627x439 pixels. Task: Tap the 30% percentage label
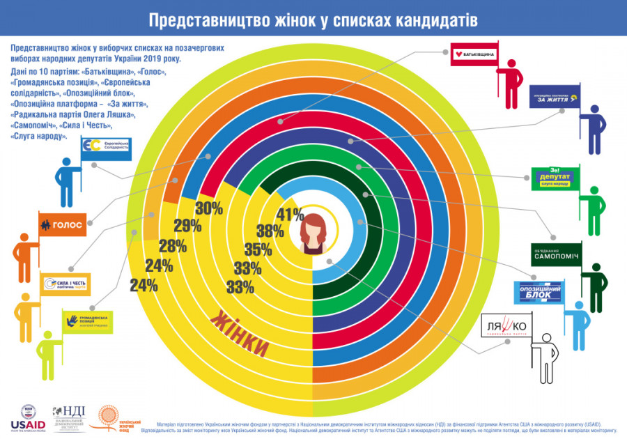[x=208, y=208]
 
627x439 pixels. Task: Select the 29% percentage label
[x=188, y=226]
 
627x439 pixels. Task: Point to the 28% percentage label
[x=172, y=245]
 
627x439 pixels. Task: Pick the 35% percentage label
[x=258, y=250]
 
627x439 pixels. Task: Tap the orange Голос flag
[x=62, y=224]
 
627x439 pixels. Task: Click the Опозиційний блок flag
[x=537, y=293]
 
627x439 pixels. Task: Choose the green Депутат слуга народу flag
[x=553, y=178]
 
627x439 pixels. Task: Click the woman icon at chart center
[x=313, y=234]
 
